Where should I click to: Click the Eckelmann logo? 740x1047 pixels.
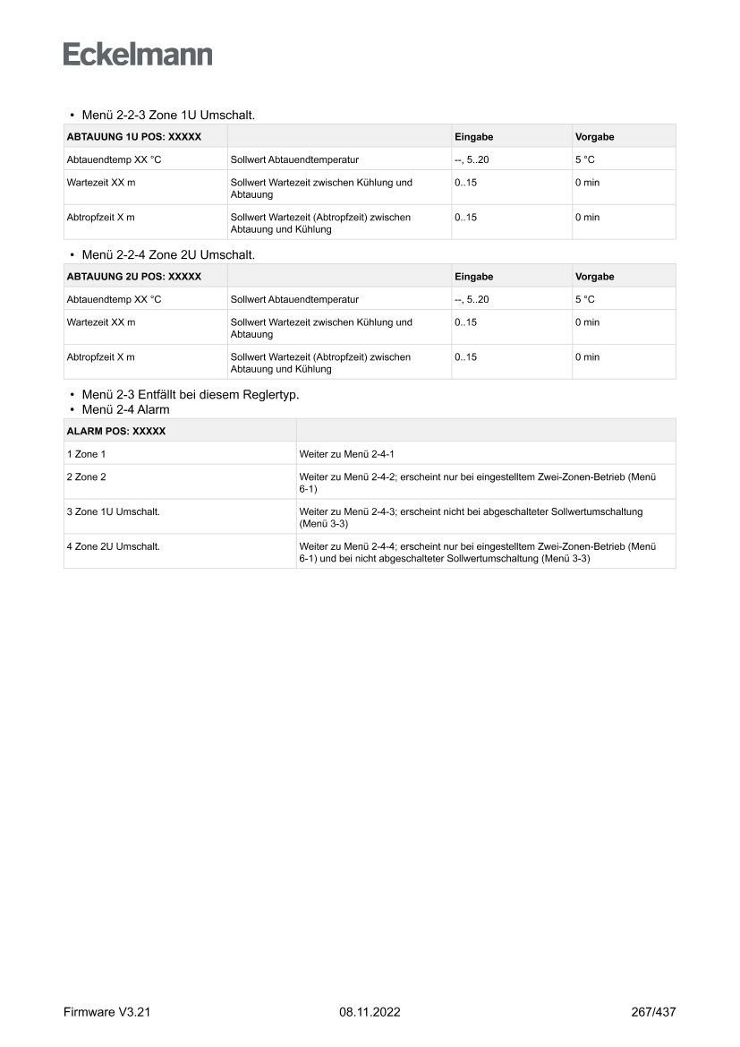click(x=138, y=55)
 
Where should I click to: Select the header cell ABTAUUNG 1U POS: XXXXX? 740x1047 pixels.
click(x=134, y=137)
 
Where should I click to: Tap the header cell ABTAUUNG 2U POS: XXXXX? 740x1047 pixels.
click(x=134, y=277)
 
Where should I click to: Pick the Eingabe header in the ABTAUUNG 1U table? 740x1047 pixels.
click(x=474, y=137)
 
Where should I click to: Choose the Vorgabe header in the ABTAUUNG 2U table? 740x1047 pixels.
click(x=595, y=277)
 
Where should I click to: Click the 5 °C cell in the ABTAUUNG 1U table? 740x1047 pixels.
click(x=585, y=159)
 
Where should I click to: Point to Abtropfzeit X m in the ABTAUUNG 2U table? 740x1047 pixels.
click(x=101, y=357)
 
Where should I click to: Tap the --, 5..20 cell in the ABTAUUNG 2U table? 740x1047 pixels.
click(x=472, y=299)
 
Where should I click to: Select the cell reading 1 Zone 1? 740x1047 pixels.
click(x=87, y=454)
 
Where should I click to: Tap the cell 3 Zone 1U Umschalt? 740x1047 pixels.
click(x=114, y=511)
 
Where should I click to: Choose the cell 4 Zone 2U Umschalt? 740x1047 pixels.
click(x=114, y=546)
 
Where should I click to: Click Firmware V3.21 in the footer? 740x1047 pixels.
click(x=106, y=1012)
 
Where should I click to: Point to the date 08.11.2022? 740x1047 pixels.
click(x=370, y=1012)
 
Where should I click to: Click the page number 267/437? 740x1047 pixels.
click(x=653, y=1012)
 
